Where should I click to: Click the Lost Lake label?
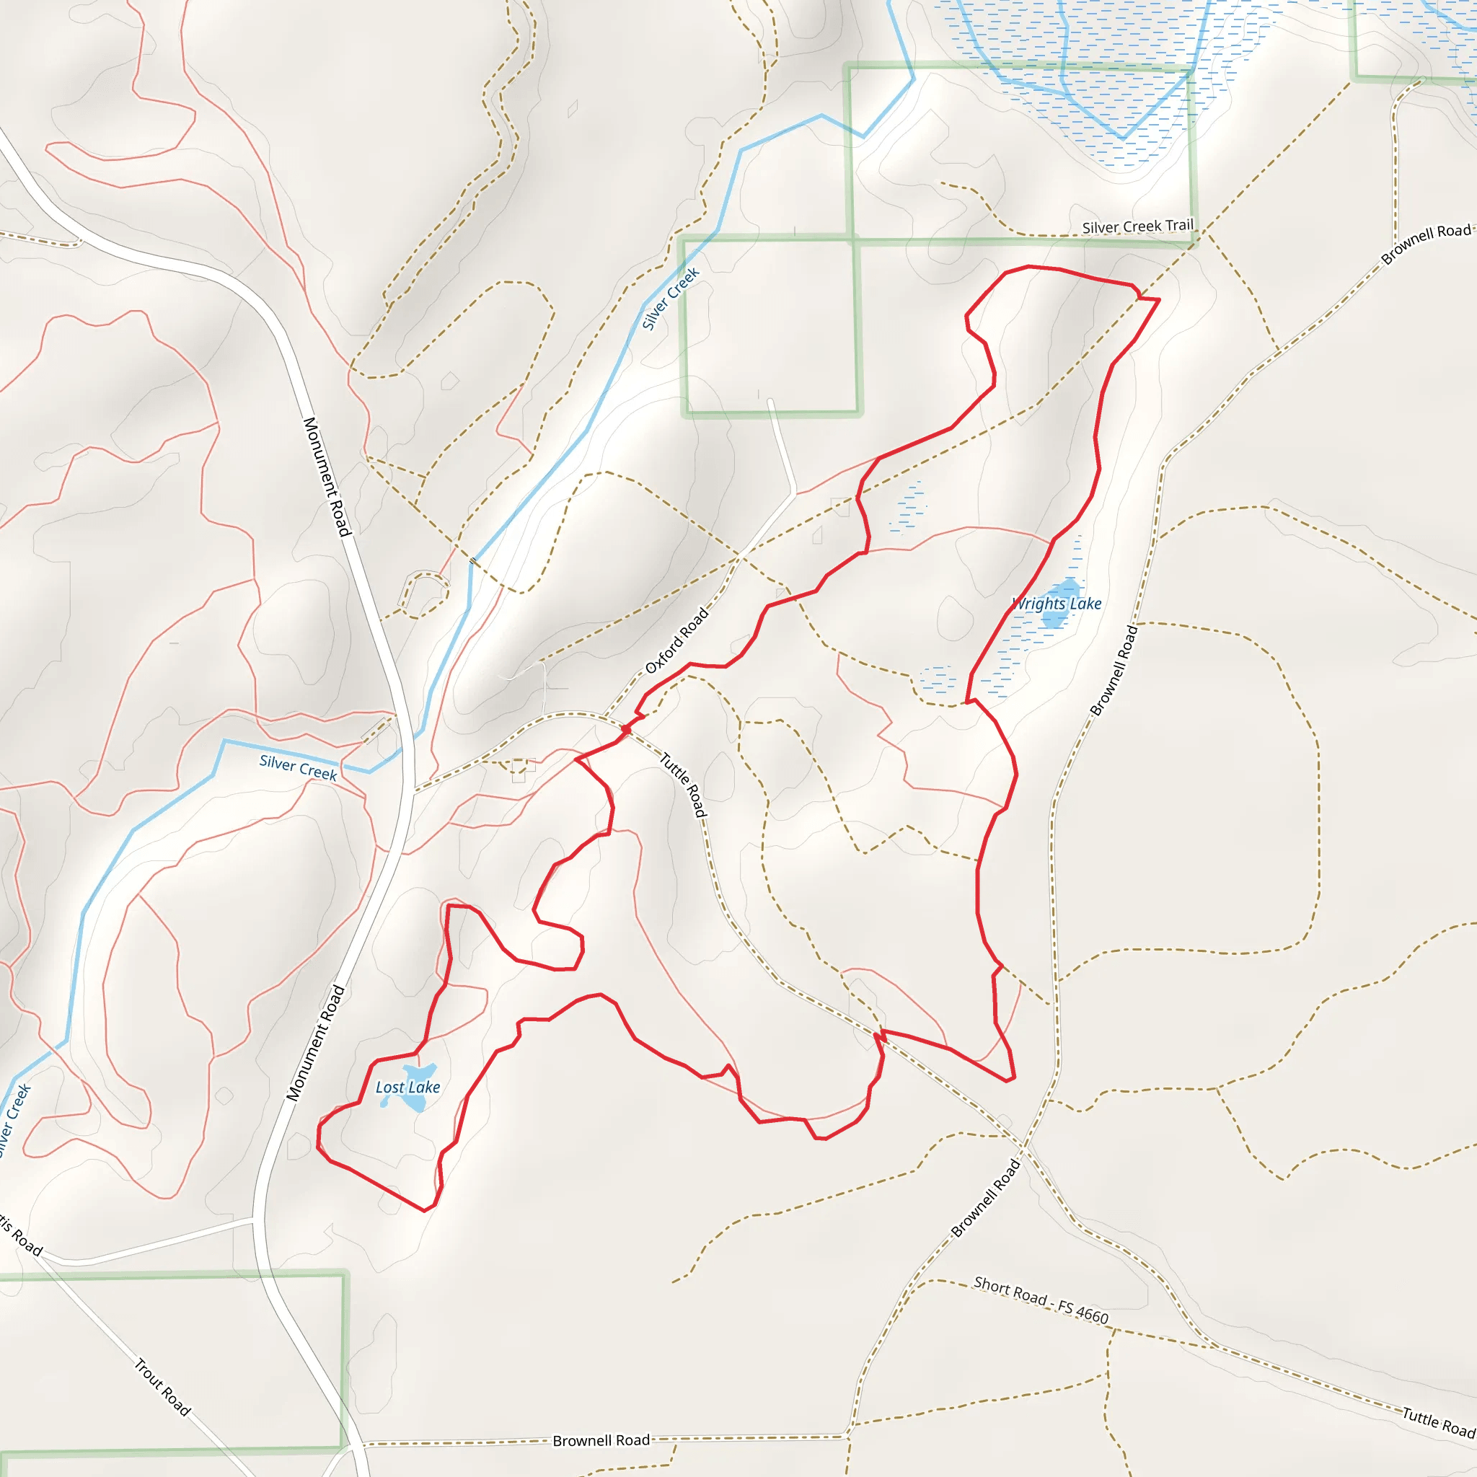407,1087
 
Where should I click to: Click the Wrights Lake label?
1057,604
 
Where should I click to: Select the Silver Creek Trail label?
1137,226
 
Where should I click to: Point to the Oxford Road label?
676,640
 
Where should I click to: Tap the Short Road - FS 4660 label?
1041,1300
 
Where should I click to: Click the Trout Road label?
162,1387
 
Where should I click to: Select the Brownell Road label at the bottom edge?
601,1440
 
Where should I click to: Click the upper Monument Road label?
327,476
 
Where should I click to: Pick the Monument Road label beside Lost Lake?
316,1044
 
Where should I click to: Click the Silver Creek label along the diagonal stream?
671,299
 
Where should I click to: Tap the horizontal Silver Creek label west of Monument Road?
298,767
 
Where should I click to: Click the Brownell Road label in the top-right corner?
1426,243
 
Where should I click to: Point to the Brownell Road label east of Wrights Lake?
1114,671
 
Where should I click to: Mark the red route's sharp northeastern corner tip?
1159,300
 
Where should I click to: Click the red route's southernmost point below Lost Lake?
425,1210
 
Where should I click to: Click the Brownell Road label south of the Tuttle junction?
986,1198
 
